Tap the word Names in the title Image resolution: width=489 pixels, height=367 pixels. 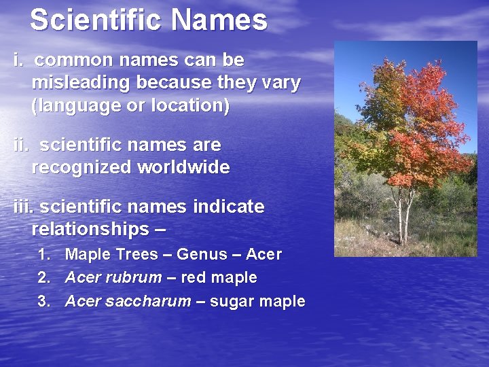click(219, 20)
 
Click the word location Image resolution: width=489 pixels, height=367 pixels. click(192, 106)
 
